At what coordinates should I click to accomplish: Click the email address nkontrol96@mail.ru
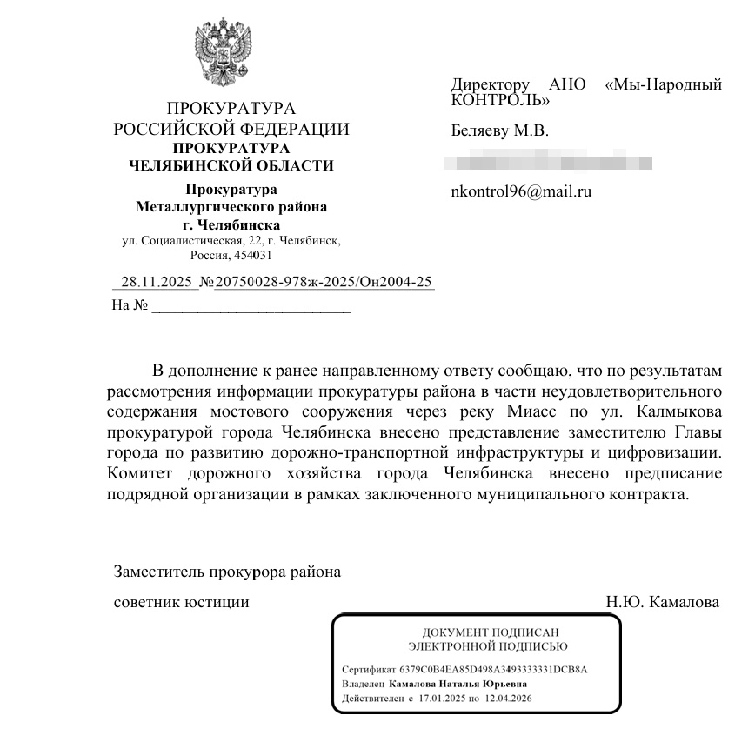click(x=521, y=192)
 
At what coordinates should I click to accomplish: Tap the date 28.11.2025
click(x=156, y=282)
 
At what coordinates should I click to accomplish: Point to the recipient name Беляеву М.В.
click(x=499, y=131)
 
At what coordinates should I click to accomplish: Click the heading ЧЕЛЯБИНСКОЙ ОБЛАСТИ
click(x=231, y=165)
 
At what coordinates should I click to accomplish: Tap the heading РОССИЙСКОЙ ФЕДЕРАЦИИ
click(x=231, y=130)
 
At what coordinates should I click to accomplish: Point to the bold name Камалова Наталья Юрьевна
click(x=458, y=684)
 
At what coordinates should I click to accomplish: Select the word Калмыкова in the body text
click(x=679, y=411)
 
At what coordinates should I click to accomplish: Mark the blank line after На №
click(x=251, y=306)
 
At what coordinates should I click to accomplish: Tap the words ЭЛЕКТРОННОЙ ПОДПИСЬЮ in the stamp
click(x=488, y=646)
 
